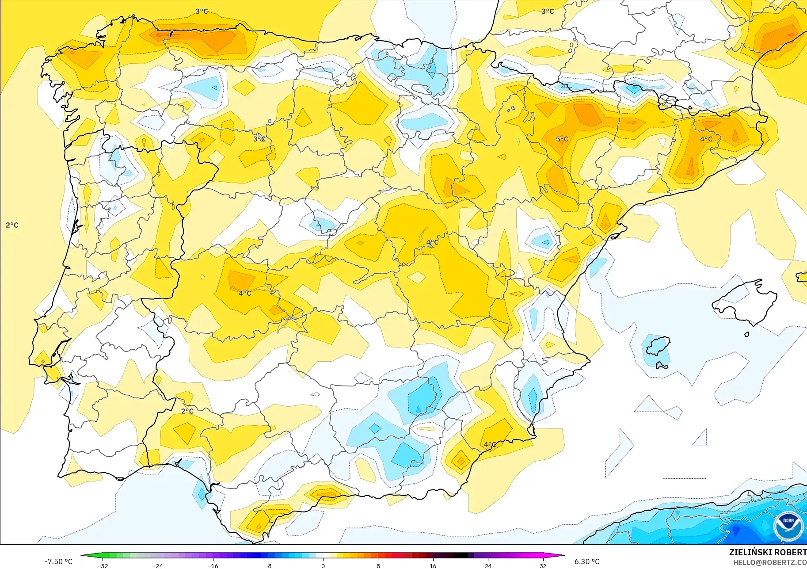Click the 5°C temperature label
click(562, 139)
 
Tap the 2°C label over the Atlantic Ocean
click(12, 225)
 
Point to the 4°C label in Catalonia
click(706, 139)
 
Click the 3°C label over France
click(548, 11)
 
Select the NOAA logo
click(788, 526)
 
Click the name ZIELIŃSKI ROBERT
click(767, 552)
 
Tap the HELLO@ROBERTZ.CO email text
click(769, 562)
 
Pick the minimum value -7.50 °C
click(58, 561)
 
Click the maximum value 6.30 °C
click(587, 561)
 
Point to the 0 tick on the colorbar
click(323, 565)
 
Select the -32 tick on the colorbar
click(103, 565)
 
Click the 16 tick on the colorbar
click(433, 565)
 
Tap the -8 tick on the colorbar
click(268, 565)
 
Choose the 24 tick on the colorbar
click(488, 565)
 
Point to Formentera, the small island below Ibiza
click(661, 365)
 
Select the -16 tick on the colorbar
click(213, 565)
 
